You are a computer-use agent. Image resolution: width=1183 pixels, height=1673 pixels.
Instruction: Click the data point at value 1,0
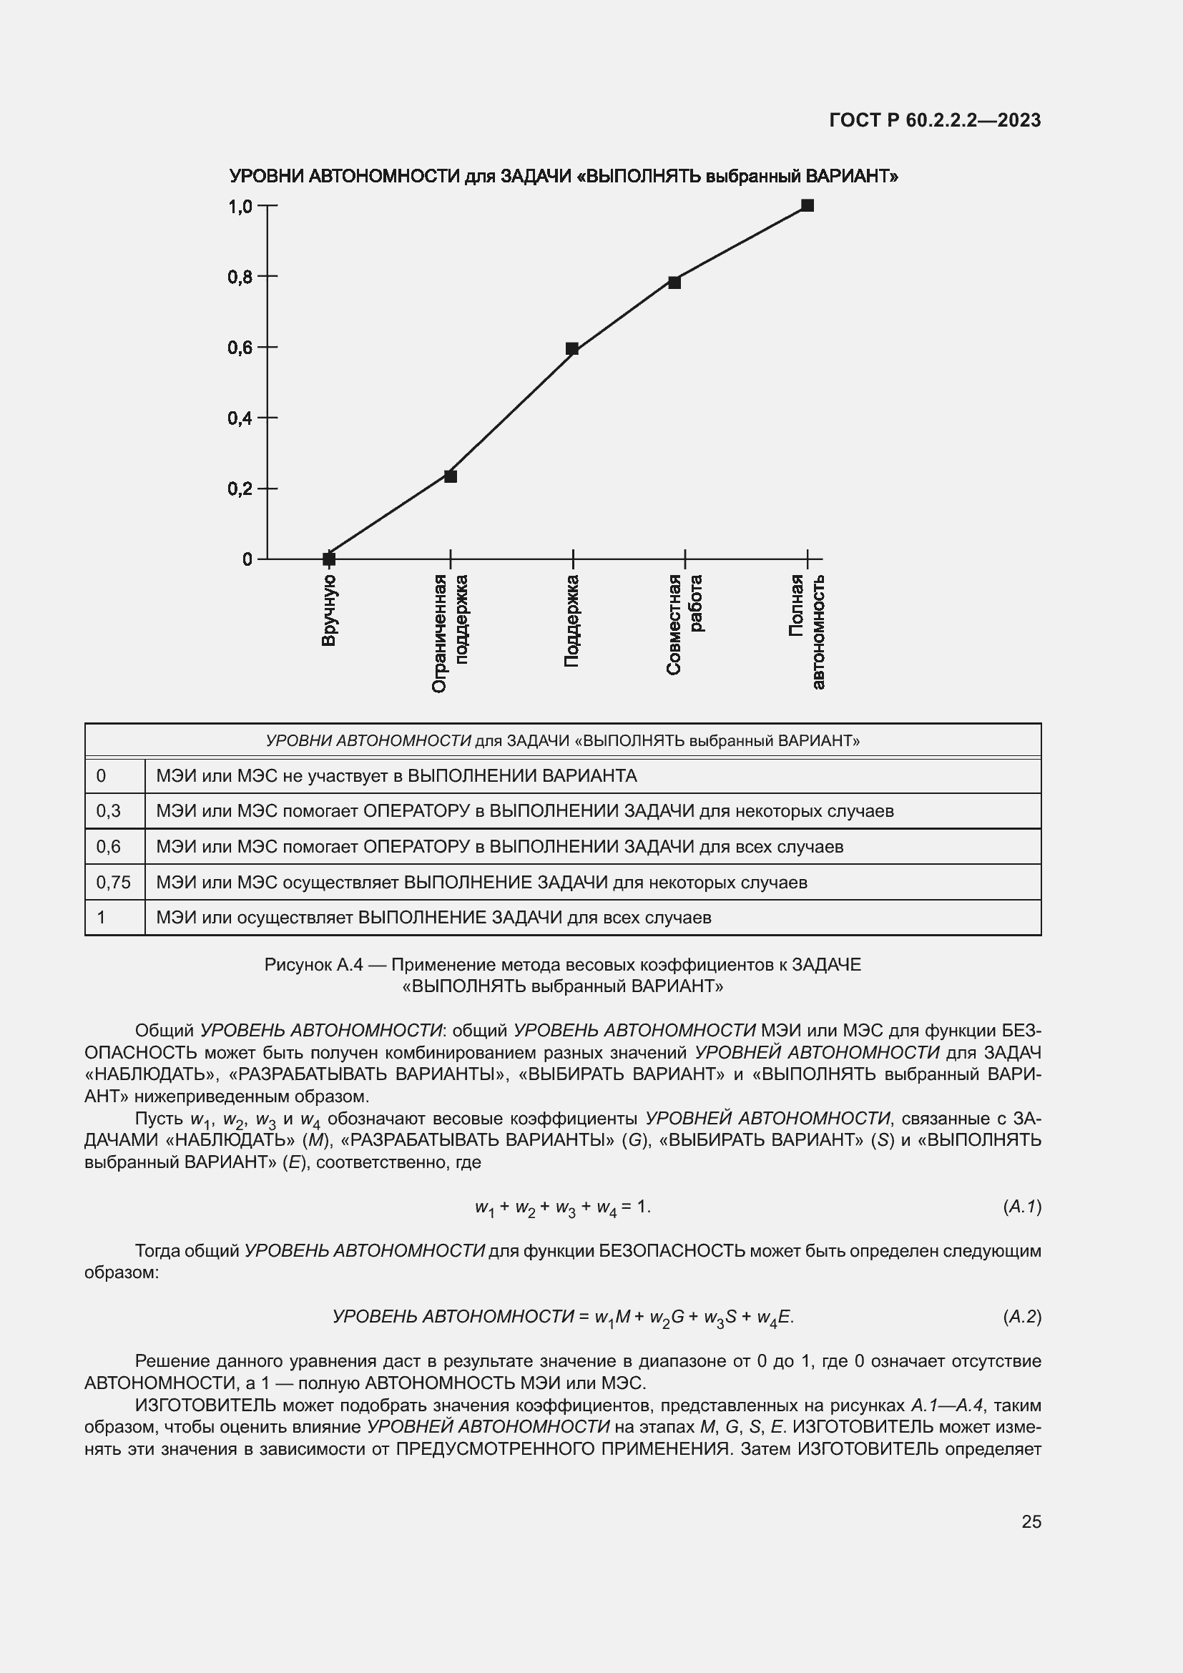[807, 205]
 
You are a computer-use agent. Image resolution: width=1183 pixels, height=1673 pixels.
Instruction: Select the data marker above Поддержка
[572, 349]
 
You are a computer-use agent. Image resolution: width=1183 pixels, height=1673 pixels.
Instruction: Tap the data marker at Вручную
[329, 559]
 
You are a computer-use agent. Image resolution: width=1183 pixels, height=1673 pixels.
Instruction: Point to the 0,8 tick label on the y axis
[240, 277]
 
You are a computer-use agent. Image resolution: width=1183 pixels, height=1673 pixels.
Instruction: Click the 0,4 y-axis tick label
[240, 418]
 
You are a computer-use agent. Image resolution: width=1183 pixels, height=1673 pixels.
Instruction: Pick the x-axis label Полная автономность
[806, 631]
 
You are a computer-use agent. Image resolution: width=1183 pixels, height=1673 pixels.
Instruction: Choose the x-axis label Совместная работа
[684, 624]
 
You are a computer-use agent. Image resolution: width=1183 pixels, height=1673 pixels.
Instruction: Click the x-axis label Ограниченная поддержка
[449, 632]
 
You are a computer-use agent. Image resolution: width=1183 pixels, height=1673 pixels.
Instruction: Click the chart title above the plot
[563, 177]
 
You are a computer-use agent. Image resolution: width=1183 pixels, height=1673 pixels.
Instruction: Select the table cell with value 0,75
[114, 883]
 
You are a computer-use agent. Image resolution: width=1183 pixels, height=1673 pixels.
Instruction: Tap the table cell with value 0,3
[109, 811]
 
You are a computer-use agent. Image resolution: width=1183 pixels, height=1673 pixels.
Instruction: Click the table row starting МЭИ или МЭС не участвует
[396, 776]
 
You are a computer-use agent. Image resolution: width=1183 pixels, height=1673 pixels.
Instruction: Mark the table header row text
[562, 741]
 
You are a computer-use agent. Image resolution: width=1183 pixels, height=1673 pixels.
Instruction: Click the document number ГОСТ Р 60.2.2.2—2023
[935, 120]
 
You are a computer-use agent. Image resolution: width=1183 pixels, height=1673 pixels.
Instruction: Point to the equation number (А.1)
[1021, 1207]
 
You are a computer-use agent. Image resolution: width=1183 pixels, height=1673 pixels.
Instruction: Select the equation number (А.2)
[1021, 1317]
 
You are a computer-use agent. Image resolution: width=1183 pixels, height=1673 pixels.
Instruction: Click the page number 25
[1031, 1521]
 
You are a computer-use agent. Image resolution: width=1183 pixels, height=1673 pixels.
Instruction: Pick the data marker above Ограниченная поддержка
[450, 476]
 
